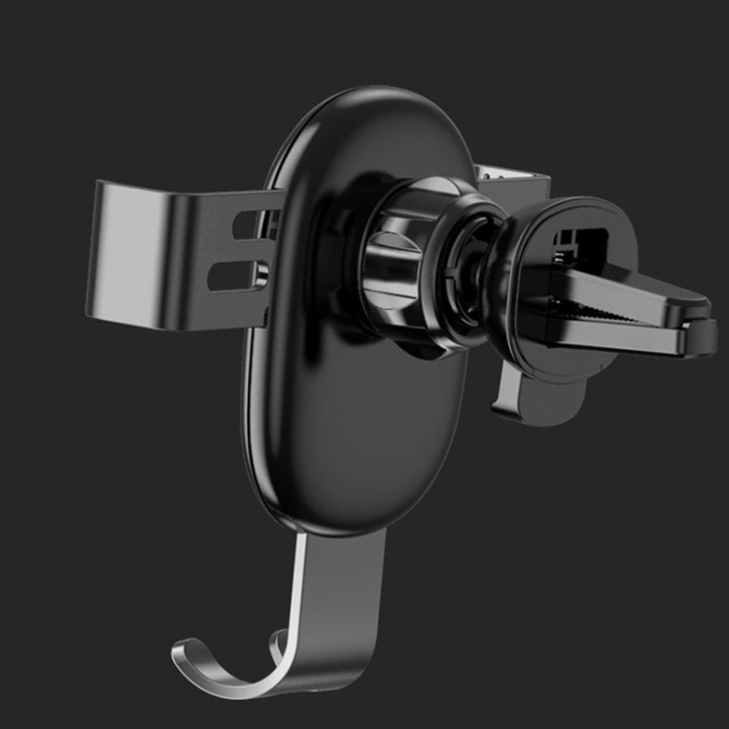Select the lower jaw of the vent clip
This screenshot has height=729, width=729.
click(622, 335)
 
